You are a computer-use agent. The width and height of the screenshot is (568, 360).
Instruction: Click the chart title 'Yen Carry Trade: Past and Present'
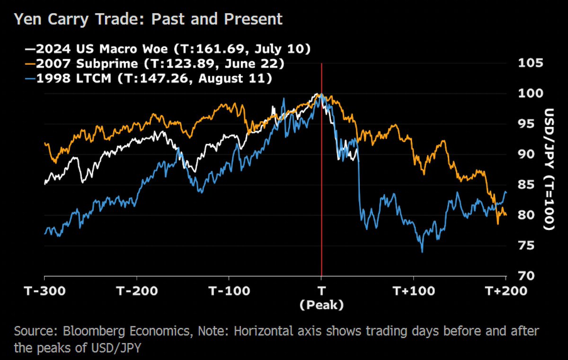(x=148, y=19)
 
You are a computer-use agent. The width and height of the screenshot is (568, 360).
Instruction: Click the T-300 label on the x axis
(x=44, y=290)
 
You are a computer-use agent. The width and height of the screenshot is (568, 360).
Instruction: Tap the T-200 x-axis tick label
(x=137, y=290)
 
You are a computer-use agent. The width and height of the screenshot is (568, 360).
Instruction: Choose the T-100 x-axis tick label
(x=229, y=290)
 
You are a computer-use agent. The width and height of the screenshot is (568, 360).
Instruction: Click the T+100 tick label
(x=413, y=290)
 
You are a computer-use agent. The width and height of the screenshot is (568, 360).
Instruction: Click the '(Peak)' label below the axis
(x=321, y=306)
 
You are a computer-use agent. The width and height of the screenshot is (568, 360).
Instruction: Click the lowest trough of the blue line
(x=422, y=251)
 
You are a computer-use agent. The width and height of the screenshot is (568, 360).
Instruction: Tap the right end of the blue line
(x=506, y=192)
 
